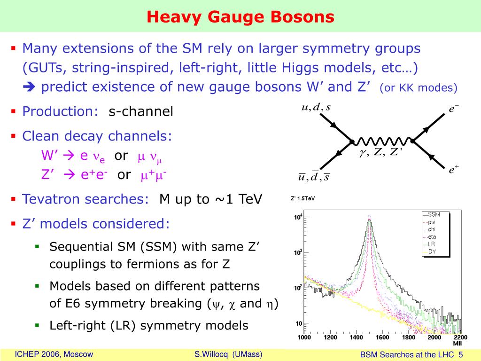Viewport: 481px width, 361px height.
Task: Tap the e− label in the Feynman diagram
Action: [x=454, y=109]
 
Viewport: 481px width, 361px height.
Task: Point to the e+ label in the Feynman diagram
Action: [x=454, y=169]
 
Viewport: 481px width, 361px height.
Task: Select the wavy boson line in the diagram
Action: [x=382, y=141]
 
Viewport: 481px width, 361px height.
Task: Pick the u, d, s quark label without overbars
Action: [x=316, y=107]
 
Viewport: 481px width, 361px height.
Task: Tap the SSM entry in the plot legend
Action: [x=434, y=214]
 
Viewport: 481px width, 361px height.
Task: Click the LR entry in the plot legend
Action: [x=431, y=244]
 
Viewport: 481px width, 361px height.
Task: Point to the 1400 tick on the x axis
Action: [x=356, y=337]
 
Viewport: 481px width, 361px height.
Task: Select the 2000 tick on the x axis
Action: [x=434, y=337]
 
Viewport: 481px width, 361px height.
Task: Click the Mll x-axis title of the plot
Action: [x=458, y=343]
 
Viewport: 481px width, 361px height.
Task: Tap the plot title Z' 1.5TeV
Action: [x=303, y=199]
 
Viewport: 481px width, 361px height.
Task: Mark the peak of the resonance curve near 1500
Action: [x=369, y=215]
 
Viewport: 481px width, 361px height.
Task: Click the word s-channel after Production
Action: [x=141, y=111]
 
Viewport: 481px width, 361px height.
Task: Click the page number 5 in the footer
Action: [x=460, y=354]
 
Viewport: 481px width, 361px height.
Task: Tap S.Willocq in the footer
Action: [x=211, y=354]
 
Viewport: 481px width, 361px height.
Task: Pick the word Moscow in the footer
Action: [x=78, y=354]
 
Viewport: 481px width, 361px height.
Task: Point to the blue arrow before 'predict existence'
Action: [x=29, y=87]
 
